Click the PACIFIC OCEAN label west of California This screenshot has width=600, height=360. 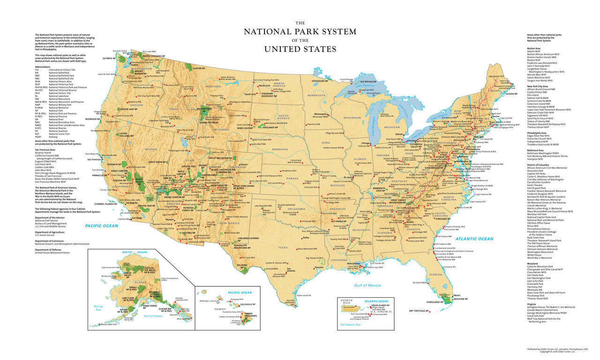point(102,226)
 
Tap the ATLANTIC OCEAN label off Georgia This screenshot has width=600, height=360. point(474,239)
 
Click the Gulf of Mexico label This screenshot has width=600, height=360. point(368,285)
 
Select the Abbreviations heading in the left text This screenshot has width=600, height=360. point(44,66)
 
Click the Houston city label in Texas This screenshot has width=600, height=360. point(319,267)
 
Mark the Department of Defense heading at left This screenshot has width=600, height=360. point(50,250)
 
